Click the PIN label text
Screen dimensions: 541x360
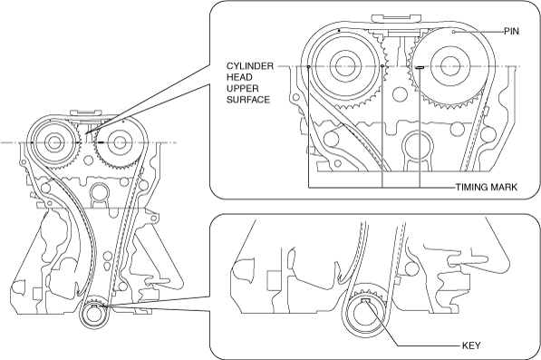point(511,32)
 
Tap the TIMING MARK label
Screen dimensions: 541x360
point(487,188)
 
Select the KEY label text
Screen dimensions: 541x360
point(471,345)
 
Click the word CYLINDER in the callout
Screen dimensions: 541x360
point(250,66)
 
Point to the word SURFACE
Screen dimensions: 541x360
point(248,100)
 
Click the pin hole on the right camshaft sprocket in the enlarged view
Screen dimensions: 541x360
point(454,32)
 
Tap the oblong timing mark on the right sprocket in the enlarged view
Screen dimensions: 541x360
point(420,67)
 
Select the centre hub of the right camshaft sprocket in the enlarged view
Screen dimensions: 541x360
point(449,66)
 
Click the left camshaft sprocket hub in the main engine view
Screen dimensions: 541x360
point(53,142)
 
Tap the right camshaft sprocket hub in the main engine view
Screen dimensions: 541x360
point(119,142)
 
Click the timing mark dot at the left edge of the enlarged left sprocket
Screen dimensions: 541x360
point(308,66)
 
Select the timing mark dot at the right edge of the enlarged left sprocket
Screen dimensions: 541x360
point(382,66)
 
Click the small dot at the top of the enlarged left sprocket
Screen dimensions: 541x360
point(339,30)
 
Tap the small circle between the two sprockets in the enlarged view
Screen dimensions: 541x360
point(399,93)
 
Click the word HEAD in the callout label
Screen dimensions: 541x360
point(239,77)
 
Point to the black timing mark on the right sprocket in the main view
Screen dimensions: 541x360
point(101,142)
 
